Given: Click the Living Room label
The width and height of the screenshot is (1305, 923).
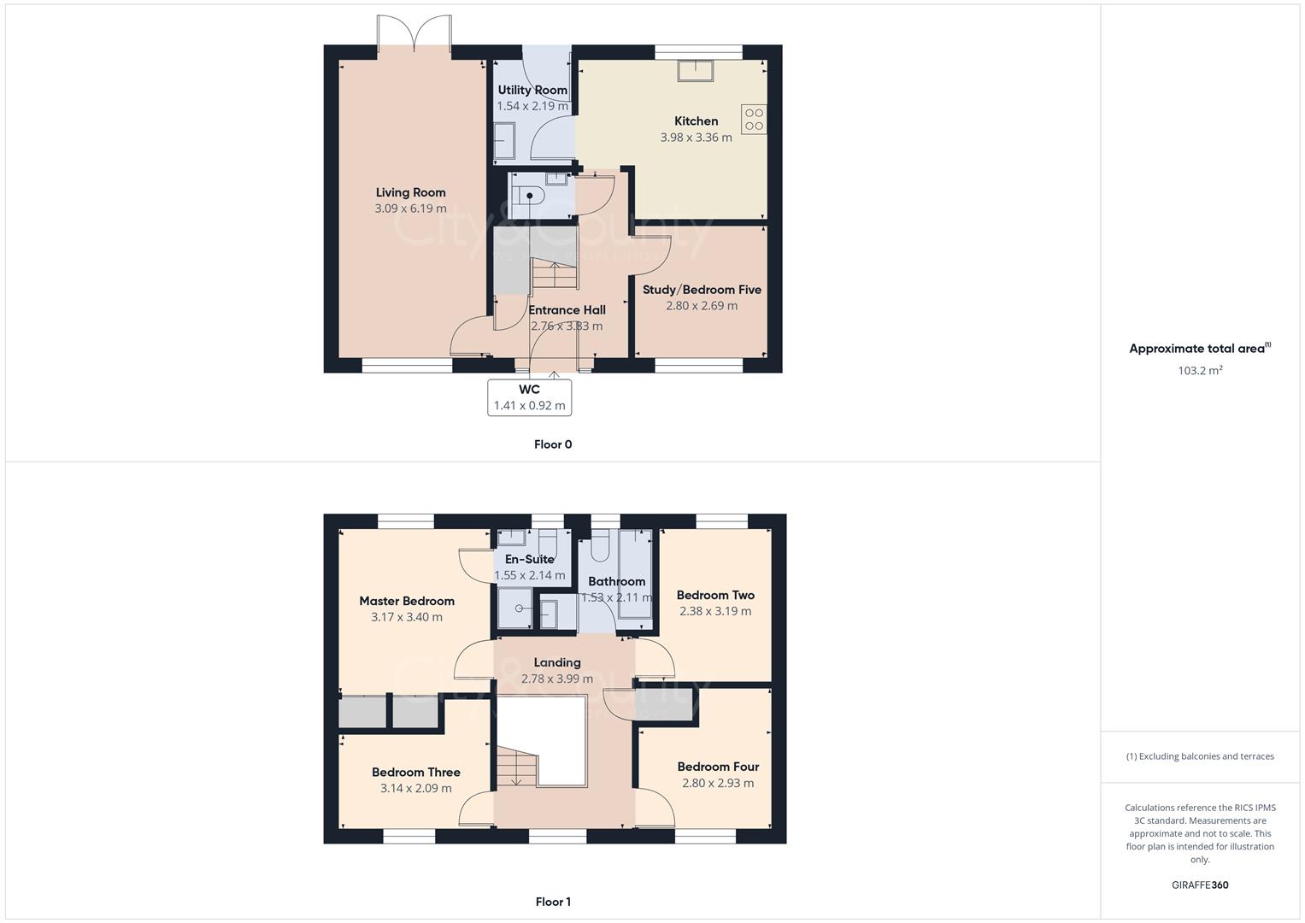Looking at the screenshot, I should click(410, 192).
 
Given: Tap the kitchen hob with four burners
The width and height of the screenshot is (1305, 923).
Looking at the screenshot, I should click(754, 120).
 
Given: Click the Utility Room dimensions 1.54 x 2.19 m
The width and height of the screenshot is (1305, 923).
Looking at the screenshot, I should click(532, 106).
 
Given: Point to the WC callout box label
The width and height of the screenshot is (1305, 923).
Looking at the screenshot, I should click(529, 390).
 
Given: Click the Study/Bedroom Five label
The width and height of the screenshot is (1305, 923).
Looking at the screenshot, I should click(702, 290).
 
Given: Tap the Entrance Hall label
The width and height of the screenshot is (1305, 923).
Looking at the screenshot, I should click(567, 310).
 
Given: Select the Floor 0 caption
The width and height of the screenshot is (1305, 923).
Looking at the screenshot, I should click(553, 444).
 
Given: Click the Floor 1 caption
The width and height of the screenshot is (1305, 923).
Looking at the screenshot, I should click(553, 902).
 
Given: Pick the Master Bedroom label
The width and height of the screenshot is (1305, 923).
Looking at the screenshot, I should click(407, 601).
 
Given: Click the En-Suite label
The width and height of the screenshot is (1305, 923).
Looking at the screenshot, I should click(529, 560).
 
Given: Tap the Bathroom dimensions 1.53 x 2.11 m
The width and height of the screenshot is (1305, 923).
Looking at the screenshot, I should click(616, 597).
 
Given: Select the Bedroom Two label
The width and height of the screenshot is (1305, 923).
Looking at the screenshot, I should click(715, 595).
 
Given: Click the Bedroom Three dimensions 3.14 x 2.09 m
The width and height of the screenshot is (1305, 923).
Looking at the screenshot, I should click(416, 788).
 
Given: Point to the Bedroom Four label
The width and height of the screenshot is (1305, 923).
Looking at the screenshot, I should click(718, 767).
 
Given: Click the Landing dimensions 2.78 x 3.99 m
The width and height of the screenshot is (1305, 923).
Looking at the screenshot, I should click(557, 679).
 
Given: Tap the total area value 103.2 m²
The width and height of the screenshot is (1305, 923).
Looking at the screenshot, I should click(1200, 370).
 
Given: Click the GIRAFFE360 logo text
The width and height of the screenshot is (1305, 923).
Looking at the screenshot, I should click(1200, 885).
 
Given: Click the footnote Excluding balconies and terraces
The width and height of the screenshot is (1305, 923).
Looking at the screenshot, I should click(1200, 756).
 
